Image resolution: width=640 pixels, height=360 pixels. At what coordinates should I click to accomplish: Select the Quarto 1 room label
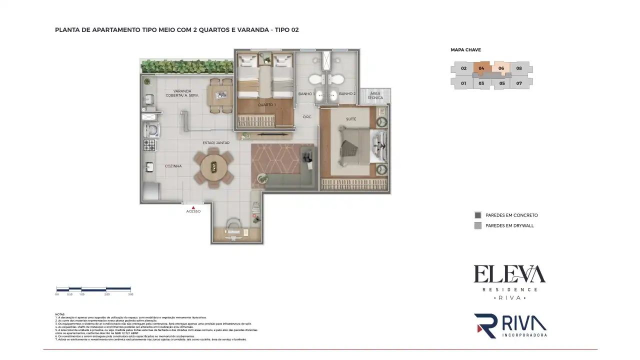[x=266, y=104]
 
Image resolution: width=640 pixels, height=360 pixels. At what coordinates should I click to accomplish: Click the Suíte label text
[x=351, y=119]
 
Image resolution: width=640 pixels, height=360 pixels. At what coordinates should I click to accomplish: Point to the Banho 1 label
[x=306, y=94]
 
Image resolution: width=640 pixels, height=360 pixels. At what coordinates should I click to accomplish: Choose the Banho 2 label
[x=347, y=94]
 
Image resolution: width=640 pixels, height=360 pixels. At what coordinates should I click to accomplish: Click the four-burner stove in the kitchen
[x=150, y=145]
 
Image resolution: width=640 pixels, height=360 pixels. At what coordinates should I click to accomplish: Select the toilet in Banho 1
[x=315, y=79]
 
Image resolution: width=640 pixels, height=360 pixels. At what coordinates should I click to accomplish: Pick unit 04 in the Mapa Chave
[x=481, y=68]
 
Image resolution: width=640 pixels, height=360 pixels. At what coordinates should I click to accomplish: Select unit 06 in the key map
[x=501, y=68]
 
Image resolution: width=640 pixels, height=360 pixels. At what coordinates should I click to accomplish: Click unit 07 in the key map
[x=519, y=83]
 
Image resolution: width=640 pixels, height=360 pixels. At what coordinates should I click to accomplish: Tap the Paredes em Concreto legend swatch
[x=477, y=215]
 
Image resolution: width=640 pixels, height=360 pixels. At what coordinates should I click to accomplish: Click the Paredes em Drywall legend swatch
[x=477, y=225]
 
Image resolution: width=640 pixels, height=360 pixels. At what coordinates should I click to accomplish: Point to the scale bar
[x=93, y=289]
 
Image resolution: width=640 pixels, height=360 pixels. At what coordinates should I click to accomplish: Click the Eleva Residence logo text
[x=509, y=275]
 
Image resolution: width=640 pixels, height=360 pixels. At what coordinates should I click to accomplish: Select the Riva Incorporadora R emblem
[x=485, y=325]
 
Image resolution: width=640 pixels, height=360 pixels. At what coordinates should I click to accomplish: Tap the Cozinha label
[x=173, y=166]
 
